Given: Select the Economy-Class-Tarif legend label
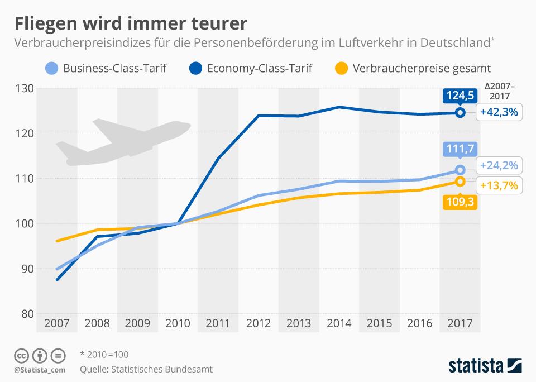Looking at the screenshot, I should coord(259,69).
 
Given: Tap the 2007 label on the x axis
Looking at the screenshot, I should coord(56,323).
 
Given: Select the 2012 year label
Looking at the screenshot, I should coord(258,323).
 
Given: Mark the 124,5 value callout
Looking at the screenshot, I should coord(460,95).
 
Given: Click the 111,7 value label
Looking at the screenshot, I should coord(460,150).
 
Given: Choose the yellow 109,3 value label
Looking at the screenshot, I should coord(460,202).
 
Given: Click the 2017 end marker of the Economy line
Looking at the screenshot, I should coord(460,112).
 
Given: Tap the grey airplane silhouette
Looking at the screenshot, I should coord(123,142).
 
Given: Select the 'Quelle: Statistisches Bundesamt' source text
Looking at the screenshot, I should coord(146,369).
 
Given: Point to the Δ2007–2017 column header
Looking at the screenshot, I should coord(500,91).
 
